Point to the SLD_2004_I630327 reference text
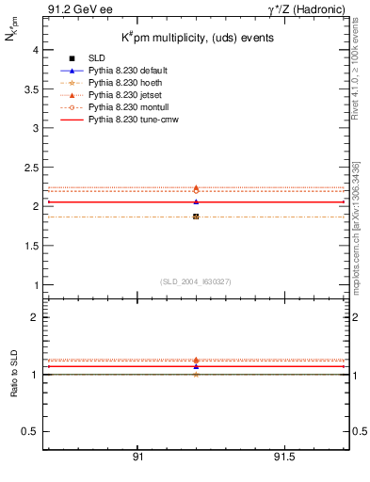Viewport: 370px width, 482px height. tap(196, 281)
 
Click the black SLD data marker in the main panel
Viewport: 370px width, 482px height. tap(196, 217)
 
